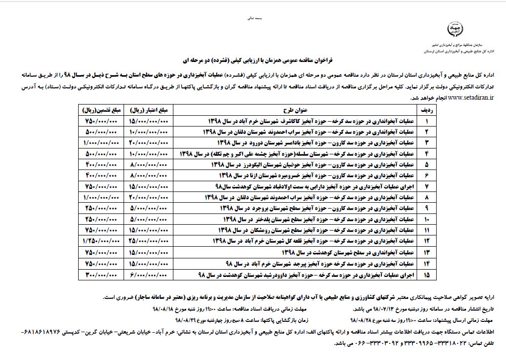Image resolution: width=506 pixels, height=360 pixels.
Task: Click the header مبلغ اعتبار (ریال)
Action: (x=145, y=110)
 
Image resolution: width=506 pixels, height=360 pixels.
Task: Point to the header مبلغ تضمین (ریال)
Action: (x=101, y=110)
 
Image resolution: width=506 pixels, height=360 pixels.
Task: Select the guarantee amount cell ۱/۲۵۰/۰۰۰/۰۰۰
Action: (x=101, y=241)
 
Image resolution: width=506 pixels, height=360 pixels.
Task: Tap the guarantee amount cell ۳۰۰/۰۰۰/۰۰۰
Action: (x=101, y=275)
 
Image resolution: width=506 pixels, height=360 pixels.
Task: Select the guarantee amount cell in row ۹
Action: (x=101, y=208)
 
